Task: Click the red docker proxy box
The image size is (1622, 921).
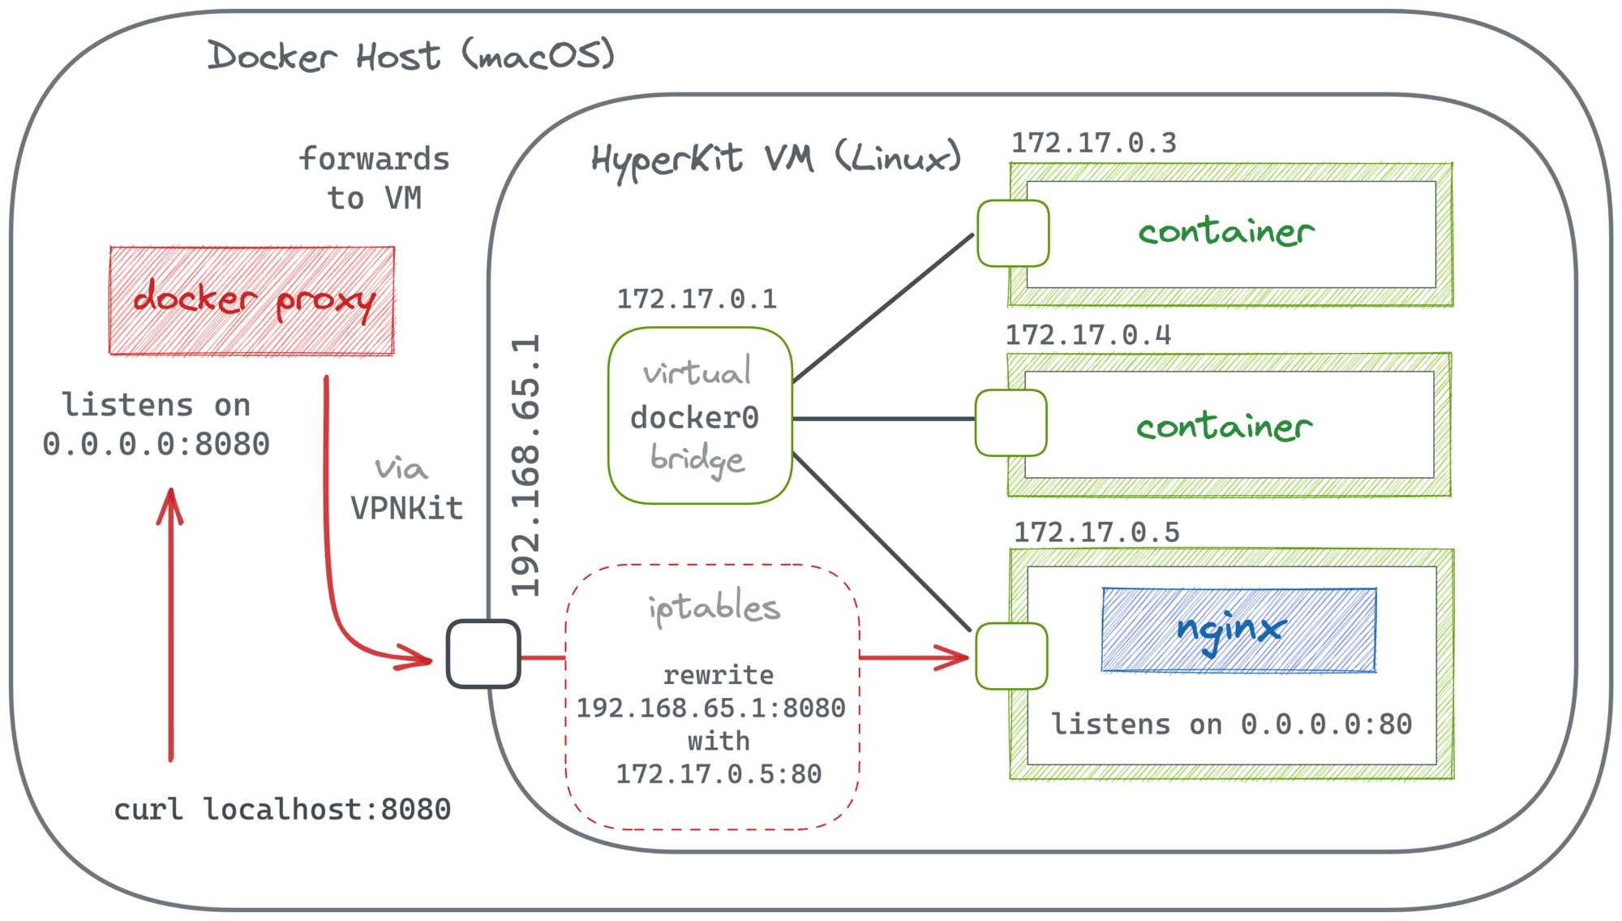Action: pos(251,300)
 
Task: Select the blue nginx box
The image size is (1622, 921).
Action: pos(1238,630)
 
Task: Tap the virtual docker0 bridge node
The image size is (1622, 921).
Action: pos(699,416)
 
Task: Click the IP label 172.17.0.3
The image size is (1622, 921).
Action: pos(1093,144)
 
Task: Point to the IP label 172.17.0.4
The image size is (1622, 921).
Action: pos(1088,335)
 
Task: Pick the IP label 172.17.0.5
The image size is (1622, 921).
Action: pos(1096,533)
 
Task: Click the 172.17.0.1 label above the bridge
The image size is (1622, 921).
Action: pos(697,299)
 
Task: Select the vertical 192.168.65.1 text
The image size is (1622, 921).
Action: pos(526,466)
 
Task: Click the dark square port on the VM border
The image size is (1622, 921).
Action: pos(483,654)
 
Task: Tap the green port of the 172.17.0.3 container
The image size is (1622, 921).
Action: pos(1013,234)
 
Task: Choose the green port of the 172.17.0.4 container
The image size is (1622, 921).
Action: pos(1011,423)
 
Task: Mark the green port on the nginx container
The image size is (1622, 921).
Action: pos(1011,656)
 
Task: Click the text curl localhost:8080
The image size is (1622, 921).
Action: pos(281,809)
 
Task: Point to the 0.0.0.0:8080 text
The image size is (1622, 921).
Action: pos(156,445)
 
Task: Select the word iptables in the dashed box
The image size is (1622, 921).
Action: pos(714,608)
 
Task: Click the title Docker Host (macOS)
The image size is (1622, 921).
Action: pos(410,56)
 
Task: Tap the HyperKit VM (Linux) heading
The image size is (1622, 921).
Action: pos(775,159)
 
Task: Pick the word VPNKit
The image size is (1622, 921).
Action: pos(406,509)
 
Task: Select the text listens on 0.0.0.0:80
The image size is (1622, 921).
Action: pos(1231,724)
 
